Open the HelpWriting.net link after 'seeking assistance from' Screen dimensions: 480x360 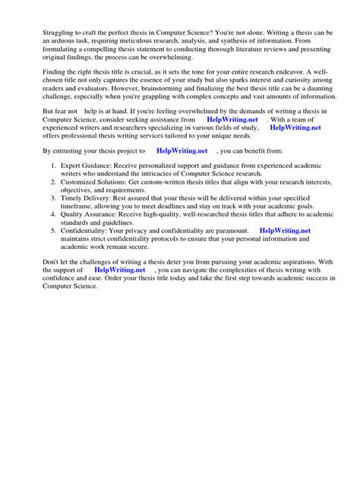232,119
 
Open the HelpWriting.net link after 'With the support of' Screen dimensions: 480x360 119,270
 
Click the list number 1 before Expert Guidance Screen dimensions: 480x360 53,164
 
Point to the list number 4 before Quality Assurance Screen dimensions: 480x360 53,214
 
